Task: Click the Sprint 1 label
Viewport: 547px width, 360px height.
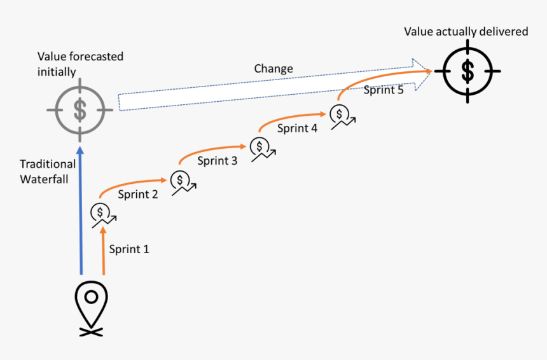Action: coord(129,249)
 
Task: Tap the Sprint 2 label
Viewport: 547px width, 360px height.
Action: coord(138,195)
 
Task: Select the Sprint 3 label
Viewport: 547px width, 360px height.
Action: coord(218,161)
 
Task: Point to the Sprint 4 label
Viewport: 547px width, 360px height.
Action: coord(297,128)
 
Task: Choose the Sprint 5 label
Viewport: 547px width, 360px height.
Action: coord(384,90)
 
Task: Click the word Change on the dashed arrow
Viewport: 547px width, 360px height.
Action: coord(273,69)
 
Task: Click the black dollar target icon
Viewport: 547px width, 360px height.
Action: coord(467,71)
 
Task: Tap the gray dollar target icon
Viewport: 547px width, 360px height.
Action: coord(80,109)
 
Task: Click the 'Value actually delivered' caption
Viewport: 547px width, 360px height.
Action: coord(466,31)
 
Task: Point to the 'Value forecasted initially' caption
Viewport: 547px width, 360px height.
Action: coord(80,64)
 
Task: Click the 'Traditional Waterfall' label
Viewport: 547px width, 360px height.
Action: coord(48,172)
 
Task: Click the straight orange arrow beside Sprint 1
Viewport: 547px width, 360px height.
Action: coord(103,251)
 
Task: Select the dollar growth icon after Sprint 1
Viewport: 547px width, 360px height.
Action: coord(103,214)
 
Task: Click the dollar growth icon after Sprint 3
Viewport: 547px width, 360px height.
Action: coord(262,148)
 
